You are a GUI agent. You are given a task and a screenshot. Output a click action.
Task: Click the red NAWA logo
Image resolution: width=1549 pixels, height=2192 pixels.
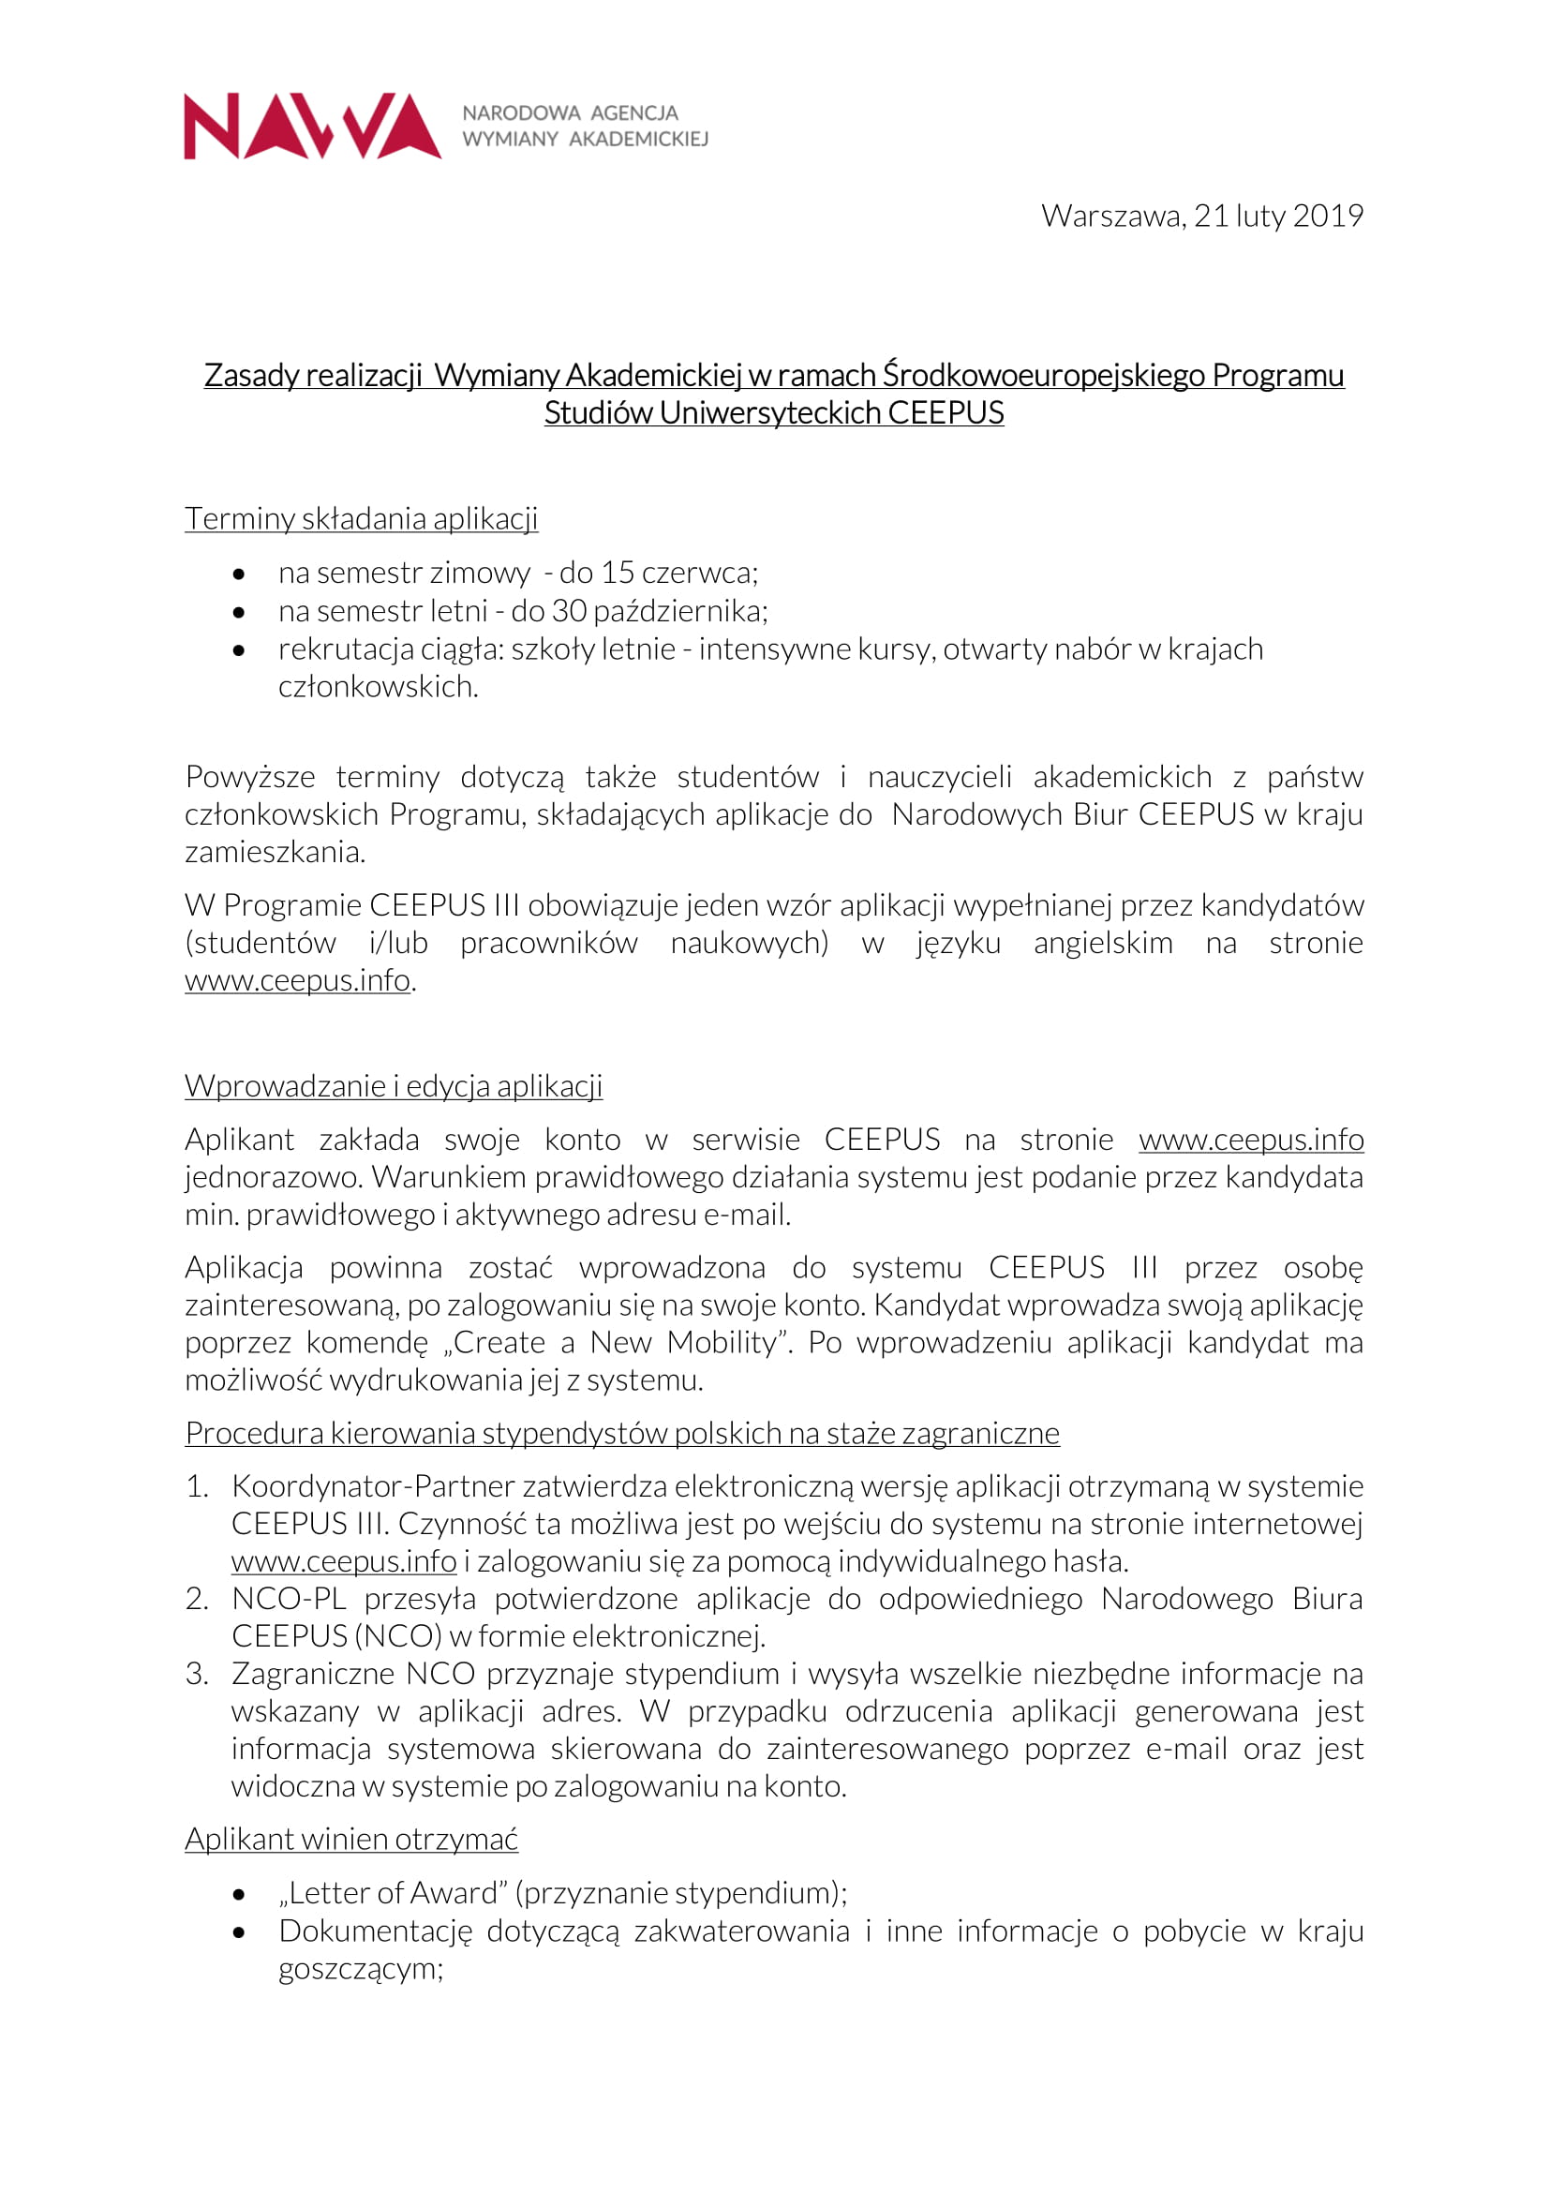pyautogui.click(x=311, y=126)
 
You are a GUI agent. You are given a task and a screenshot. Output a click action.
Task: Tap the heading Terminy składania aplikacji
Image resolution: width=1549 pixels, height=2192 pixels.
pyautogui.click(x=361, y=518)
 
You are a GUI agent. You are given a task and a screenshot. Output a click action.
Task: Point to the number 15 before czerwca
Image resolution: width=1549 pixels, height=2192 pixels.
pyautogui.click(x=618, y=573)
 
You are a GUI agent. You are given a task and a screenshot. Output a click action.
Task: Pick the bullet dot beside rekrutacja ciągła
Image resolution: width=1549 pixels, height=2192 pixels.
pyautogui.click(x=239, y=650)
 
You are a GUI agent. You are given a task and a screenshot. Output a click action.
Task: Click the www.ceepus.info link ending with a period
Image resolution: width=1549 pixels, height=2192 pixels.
pyautogui.click(x=297, y=980)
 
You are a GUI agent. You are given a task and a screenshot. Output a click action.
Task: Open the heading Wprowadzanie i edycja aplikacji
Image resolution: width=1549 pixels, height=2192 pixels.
pyautogui.click(x=394, y=1086)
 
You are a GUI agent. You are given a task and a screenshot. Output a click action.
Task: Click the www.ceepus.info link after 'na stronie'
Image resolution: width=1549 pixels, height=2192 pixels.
pyautogui.click(x=1250, y=1140)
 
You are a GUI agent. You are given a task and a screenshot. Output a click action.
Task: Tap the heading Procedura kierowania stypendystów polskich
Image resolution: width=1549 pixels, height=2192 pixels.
pyautogui.click(x=621, y=1433)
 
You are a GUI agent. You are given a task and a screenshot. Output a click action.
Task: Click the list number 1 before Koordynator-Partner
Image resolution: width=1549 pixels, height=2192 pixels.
pyautogui.click(x=196, y=1486)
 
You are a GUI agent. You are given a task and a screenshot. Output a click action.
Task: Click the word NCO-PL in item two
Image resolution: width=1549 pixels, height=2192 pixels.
pyautogui.click(x=289, y=1599)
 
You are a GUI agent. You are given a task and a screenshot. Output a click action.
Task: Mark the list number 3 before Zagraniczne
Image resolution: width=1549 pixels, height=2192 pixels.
pyautogui.click(x=196, y=1674)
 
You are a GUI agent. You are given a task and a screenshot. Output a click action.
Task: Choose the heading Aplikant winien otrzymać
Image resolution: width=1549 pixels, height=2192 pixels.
pyautogui.click(x=350, y=1839)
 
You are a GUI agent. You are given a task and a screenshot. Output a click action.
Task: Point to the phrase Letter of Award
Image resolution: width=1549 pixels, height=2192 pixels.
pyautogui.click(x=395, y=1893)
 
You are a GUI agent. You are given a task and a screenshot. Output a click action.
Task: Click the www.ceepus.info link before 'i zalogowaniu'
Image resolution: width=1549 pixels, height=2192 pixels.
pyautogui.click(x=344, y=1562)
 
